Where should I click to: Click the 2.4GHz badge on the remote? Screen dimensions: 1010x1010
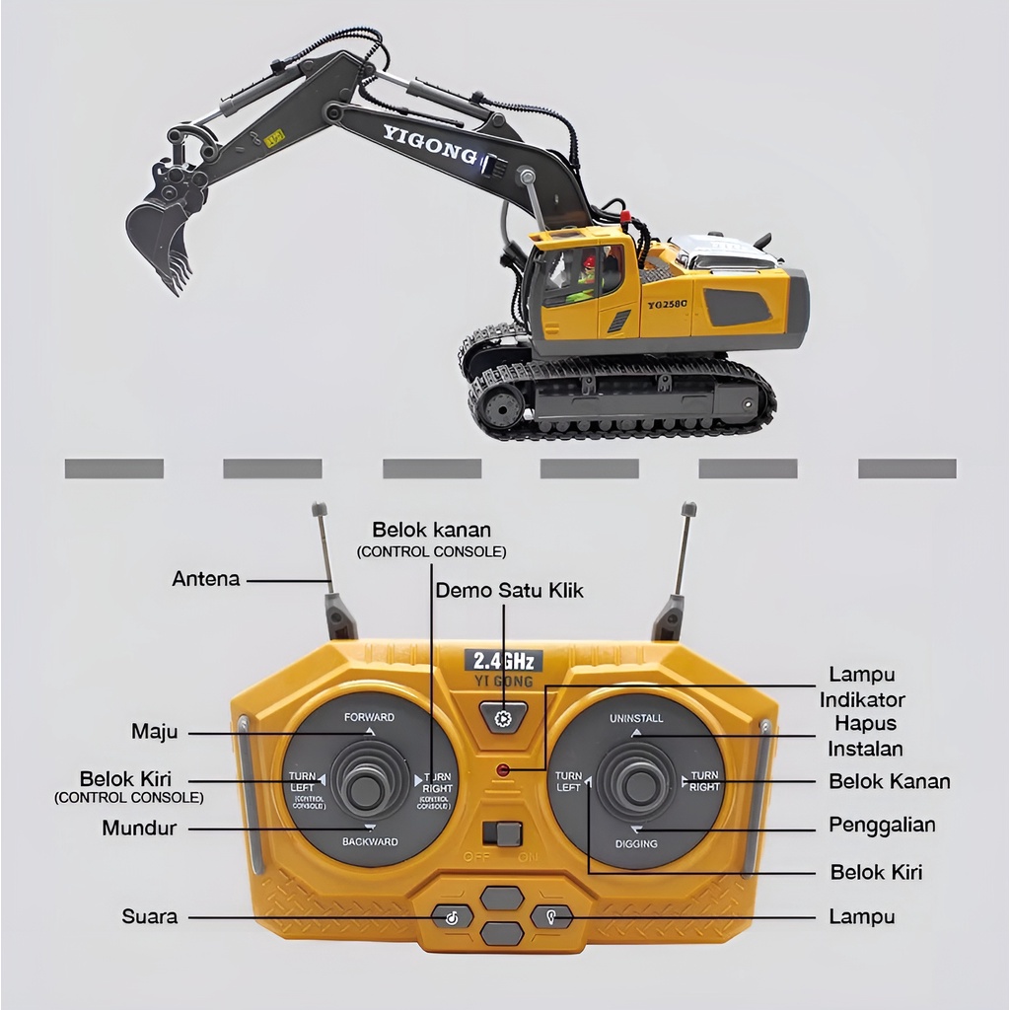point(503,660)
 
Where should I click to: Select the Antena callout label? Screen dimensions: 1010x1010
point(206,579)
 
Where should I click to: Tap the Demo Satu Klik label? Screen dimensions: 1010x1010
point(510,591)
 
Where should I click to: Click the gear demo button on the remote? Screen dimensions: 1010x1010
point(503,718)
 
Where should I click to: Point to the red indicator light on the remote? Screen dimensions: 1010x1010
point(503,769)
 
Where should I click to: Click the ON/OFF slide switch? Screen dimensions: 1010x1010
point(507,833)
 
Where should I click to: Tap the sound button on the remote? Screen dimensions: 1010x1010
point(452,917)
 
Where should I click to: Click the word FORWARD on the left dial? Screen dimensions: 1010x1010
point(369,717)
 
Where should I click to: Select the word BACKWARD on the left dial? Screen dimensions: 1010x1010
point(370,841)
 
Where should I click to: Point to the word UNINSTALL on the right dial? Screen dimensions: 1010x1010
point(636,717)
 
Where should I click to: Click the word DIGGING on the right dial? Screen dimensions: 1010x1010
point(636,844)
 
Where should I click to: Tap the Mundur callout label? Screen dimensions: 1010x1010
point(139,829)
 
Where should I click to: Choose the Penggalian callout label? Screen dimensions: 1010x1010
point(882,825)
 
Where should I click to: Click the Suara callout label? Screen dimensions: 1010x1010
point(150,916)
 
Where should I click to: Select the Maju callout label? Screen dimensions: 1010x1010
point(155,732)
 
